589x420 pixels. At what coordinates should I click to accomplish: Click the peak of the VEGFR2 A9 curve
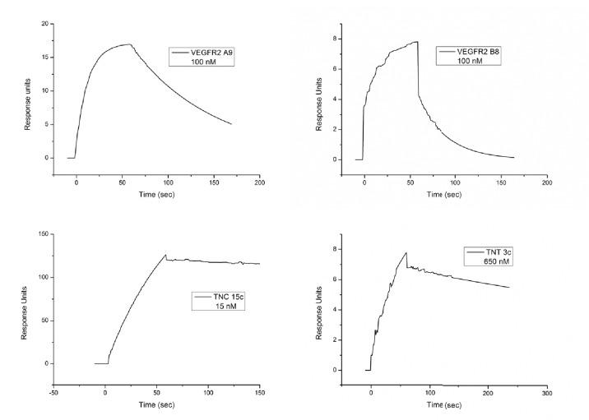pyautogui.click(x=129, y=44)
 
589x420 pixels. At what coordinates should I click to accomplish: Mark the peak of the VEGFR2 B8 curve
pyautogui.click(x=418, y=41)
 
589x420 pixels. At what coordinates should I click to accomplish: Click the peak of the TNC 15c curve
pyautogui.click(x=165, y=255)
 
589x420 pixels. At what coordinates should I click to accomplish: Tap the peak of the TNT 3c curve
pyautogui.click(x=406, y=252)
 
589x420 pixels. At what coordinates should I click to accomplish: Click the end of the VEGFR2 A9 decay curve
pyautogui.click(x=231, y=124)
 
